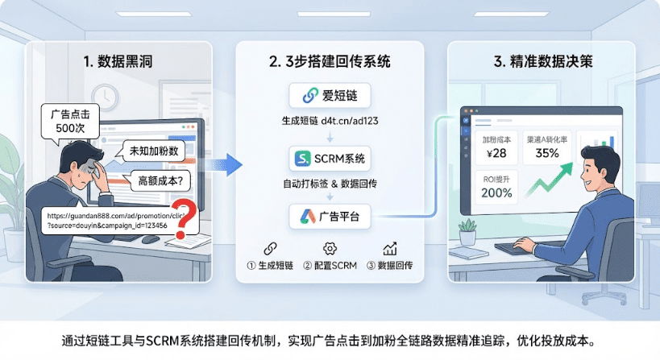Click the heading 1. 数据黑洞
[118, 61]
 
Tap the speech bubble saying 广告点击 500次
[70, 122]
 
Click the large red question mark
[185, 217]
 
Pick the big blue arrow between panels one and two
[223, 164]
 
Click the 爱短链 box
[330, 96]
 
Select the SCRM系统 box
[330, 159]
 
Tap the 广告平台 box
[330, 217]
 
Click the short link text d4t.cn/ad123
[350, 121]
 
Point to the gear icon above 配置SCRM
[330, 249]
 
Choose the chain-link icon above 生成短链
[270, 249]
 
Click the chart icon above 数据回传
[390, 249]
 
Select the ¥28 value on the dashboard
[496, 153]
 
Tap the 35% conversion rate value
[547, 153]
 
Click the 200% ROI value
[496, 193]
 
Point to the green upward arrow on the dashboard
[550, 180]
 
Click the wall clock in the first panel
[105, 97]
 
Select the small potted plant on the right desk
[467, 232]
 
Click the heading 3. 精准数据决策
[543, 61]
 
